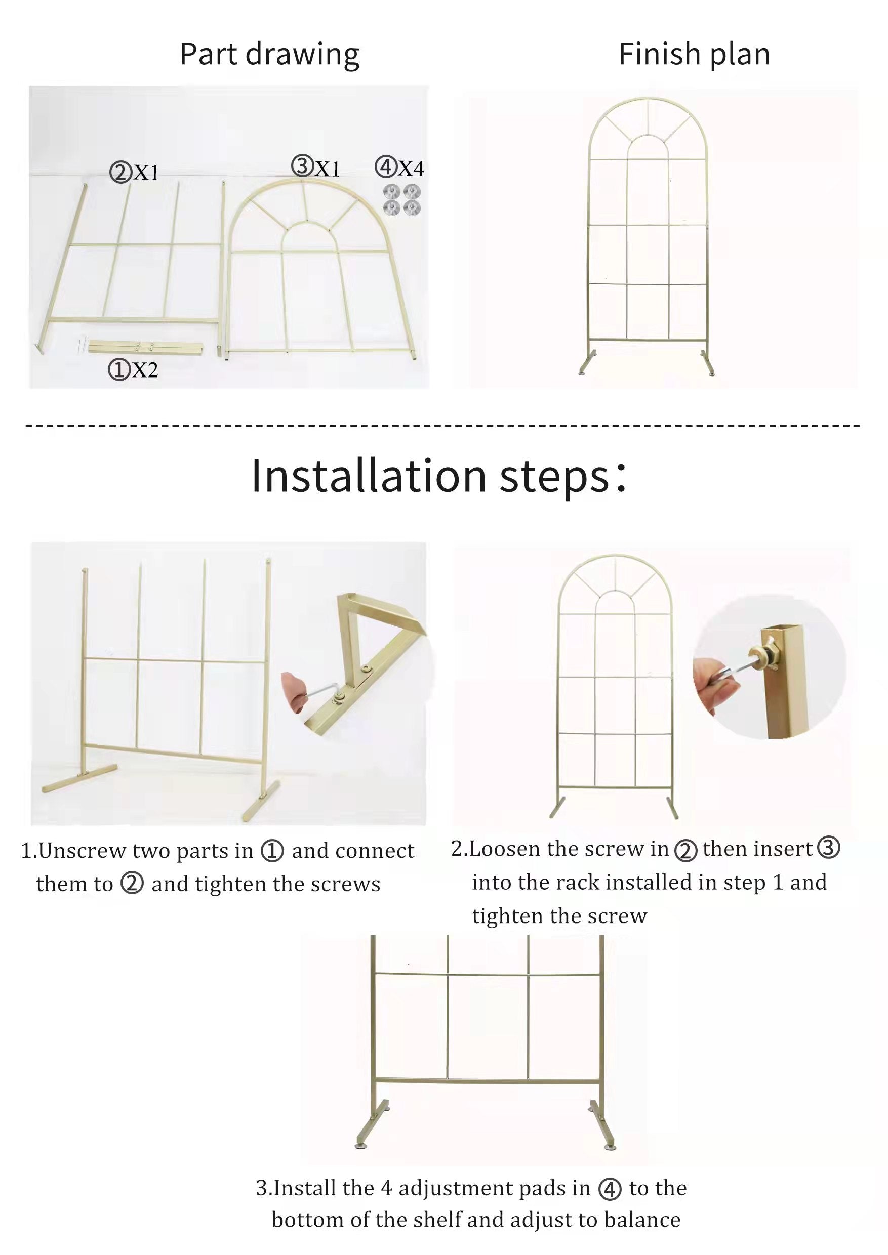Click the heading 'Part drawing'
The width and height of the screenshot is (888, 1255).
[269, 55]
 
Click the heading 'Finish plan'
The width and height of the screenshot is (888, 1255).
[694, 55]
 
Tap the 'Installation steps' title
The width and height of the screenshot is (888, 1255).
[438, 476]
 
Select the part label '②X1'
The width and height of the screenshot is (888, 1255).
[134, 172]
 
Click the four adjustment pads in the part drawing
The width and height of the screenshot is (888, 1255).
[402, 200]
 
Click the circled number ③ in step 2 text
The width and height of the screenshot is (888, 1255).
[828, 848]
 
